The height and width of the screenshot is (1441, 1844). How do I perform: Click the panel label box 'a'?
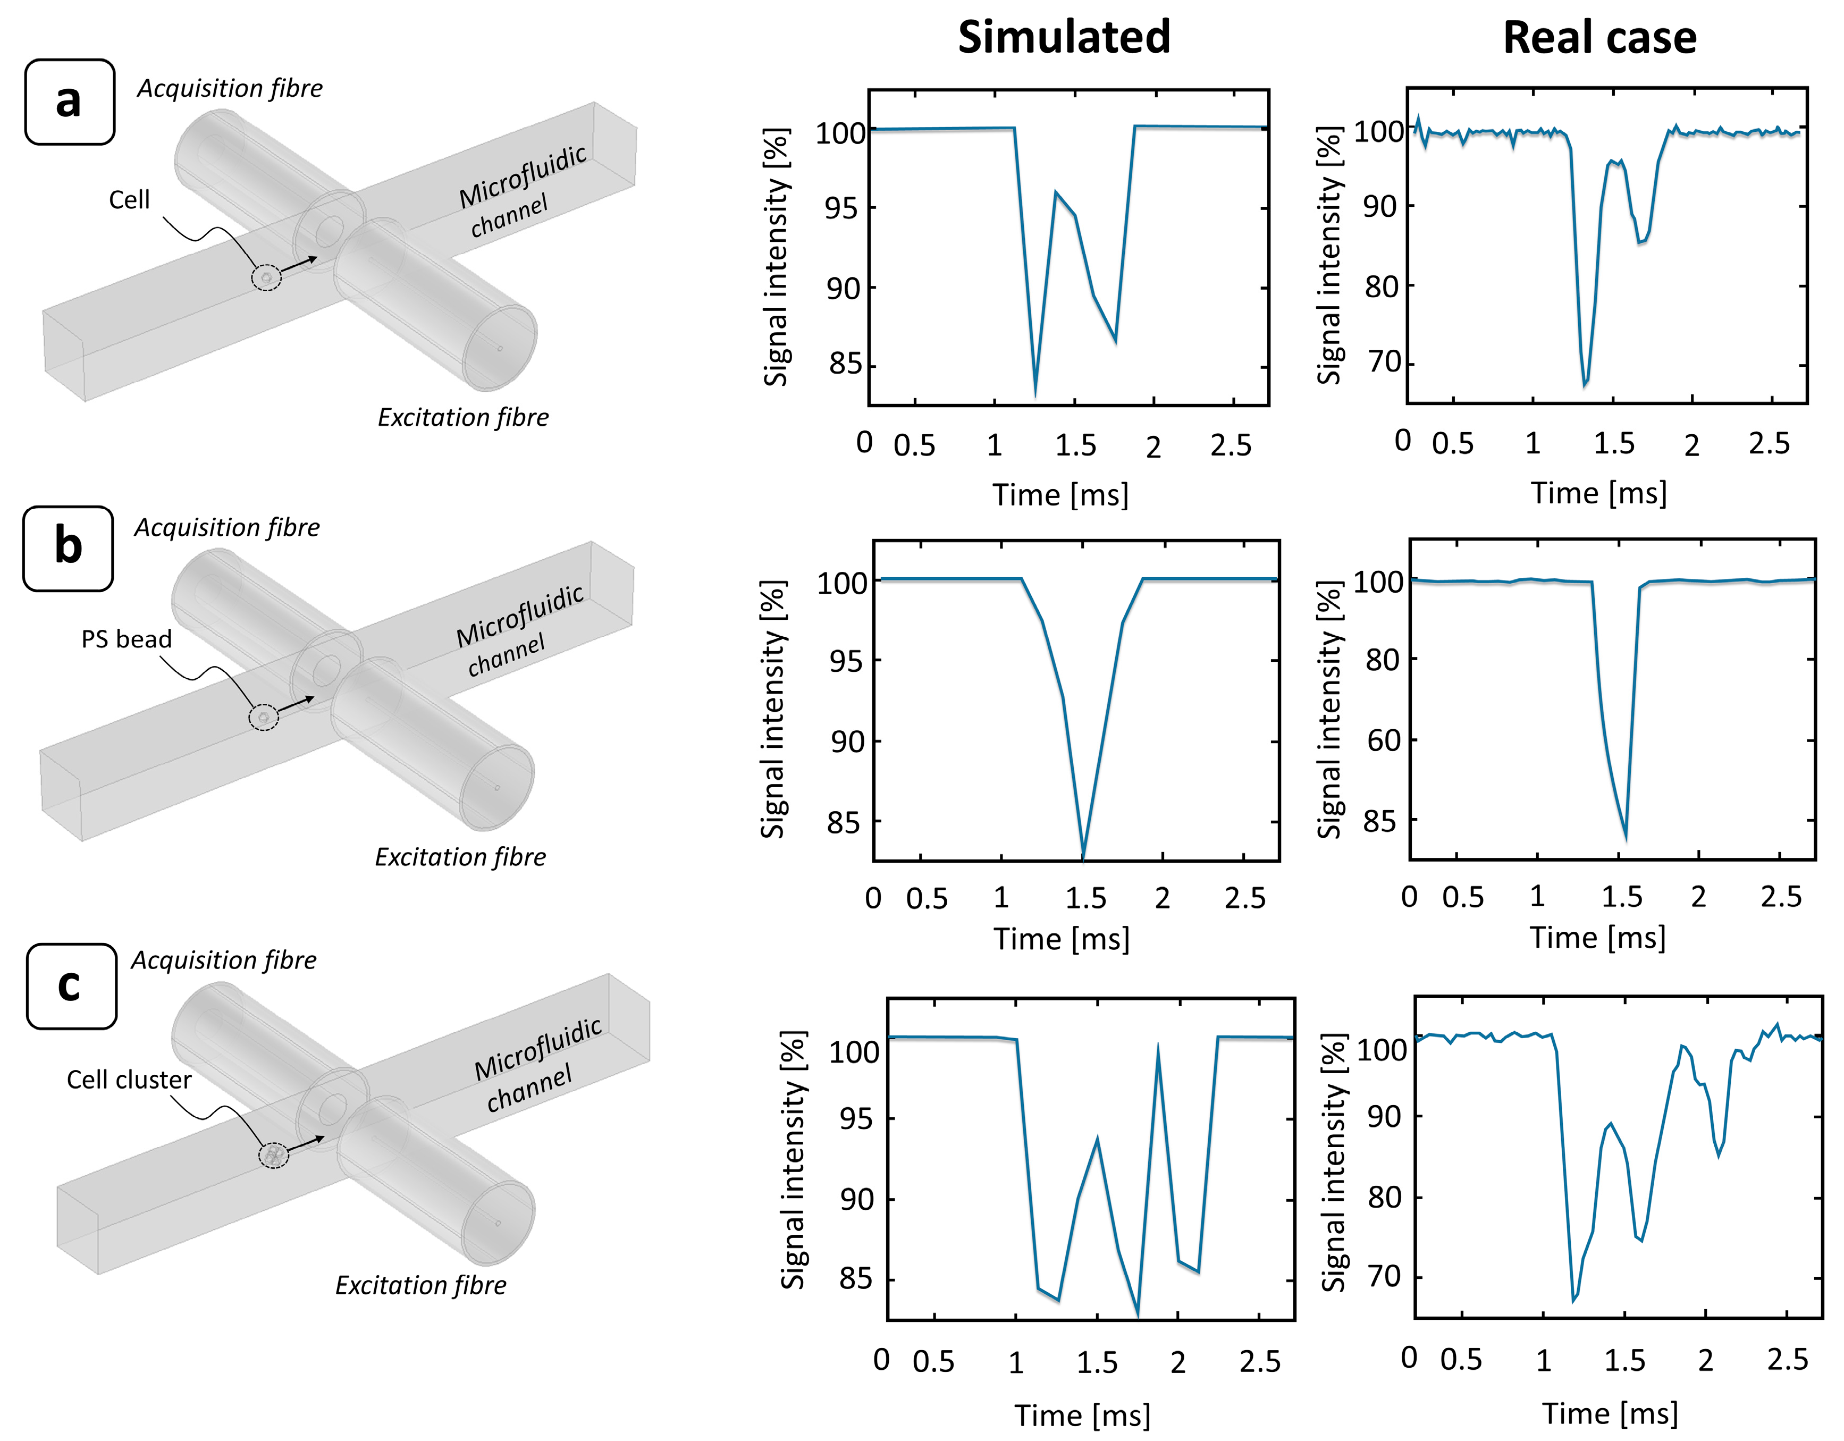click(x=69, y=102)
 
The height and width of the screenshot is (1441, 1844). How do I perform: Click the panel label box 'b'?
click(x=68, y=548)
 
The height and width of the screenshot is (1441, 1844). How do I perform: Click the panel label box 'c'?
click(x=71, y=985)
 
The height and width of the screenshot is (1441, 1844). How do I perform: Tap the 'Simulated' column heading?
click(x=1064, y=37)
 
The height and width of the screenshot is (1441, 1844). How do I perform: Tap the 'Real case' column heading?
click(x=1599, y=38)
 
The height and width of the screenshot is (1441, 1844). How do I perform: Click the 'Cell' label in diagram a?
click(x=129, y=200)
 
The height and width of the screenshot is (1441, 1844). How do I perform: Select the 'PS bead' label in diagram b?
click(x=126, y=639)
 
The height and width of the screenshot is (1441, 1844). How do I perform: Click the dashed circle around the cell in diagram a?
click(x=267, y=277)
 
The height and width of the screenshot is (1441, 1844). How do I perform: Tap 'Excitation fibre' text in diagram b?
click(x=460, y=857)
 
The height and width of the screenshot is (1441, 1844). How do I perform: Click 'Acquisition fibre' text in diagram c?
click(x=224, y=960)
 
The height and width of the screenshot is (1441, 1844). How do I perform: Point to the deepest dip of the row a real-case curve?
click(x=1585, y=384)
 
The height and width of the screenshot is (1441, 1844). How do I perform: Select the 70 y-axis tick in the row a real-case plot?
click(x=1385, y=362)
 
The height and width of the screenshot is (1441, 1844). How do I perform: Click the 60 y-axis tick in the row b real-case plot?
click(x=1383, y=740)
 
